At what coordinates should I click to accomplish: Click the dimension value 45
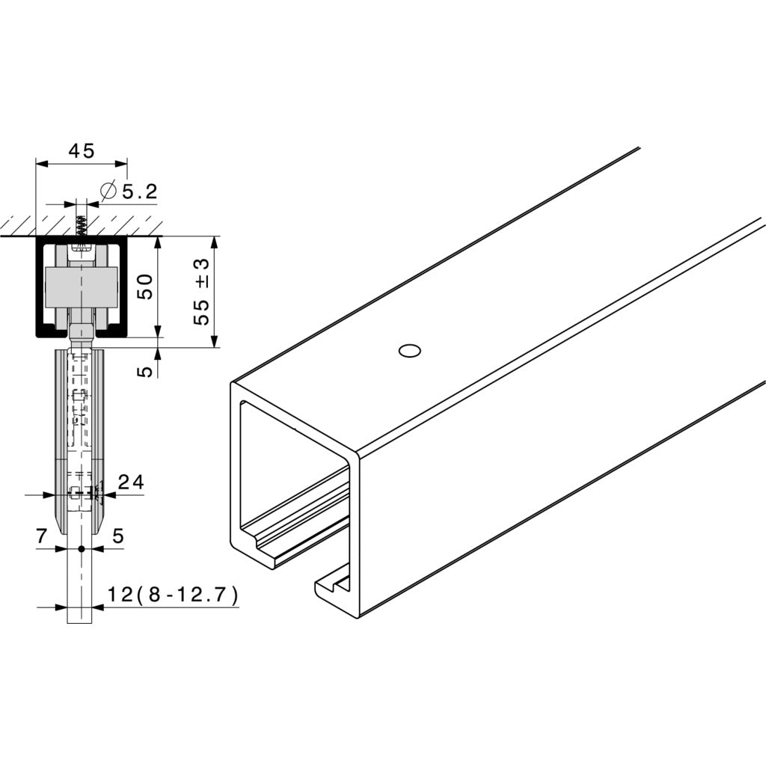point(82,151)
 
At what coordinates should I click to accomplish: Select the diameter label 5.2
point(139,192)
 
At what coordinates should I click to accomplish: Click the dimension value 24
point(131,483)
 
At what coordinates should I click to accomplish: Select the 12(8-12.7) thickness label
point(173,595)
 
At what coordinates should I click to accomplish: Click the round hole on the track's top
point(409,350)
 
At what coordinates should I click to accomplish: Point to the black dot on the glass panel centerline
point(81,549)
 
